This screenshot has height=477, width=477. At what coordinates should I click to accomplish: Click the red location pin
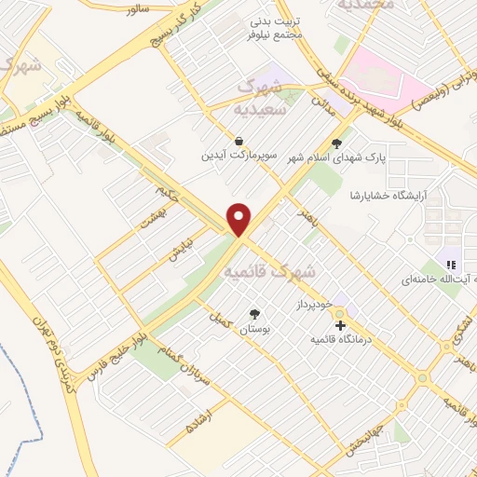(x=240, y=218)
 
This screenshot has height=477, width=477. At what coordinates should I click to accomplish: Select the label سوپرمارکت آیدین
(x=239, y=155)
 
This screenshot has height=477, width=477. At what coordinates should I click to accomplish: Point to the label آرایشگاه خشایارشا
(x=379, y=194)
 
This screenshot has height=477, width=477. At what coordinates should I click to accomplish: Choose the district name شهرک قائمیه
(x=269, y=271)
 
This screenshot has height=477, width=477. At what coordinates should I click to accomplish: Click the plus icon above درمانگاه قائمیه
(x=341, y=326)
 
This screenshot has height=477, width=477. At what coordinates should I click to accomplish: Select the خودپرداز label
(x=314, y=305)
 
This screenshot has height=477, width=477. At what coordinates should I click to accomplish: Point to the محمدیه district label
(x=368, y=7)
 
